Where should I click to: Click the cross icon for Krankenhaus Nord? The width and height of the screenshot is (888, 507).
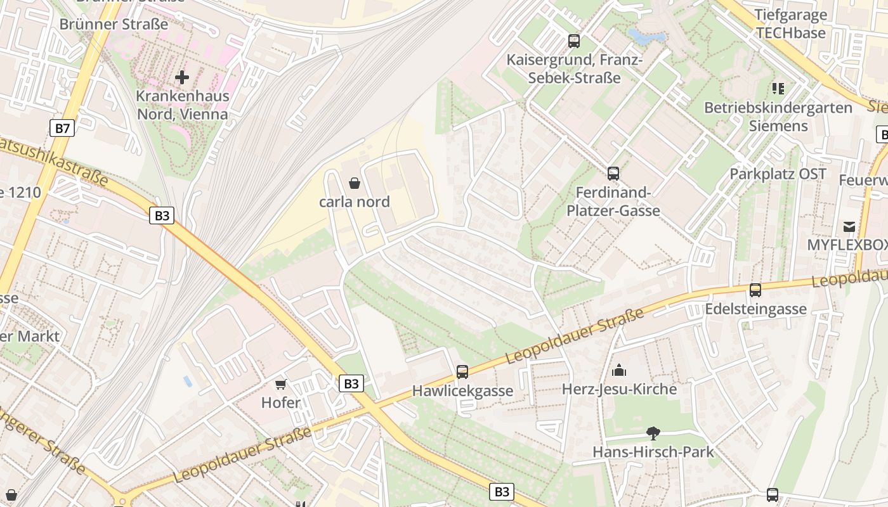182,78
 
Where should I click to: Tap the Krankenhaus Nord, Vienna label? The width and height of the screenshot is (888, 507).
183,106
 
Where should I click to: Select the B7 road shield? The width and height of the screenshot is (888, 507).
62,129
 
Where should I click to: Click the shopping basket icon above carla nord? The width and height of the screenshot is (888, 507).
355,183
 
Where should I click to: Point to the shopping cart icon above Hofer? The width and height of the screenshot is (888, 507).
281,384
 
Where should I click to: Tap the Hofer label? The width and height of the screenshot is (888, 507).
281,402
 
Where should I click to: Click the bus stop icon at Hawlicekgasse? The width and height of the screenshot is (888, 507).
462,372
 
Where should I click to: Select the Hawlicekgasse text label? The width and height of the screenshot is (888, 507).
462,391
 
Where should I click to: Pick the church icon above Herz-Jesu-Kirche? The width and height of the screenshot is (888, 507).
619,370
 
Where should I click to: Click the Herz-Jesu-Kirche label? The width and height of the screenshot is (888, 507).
619,388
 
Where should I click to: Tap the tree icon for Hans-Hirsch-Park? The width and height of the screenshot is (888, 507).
653,433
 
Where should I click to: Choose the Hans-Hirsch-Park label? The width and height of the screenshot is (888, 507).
653,452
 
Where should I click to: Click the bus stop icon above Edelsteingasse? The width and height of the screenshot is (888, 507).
755,290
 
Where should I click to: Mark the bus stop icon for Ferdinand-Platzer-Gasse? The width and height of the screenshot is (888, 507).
613,173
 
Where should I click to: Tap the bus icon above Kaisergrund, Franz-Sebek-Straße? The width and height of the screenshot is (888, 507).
574,41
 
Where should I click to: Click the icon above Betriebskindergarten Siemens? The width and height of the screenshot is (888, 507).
778,89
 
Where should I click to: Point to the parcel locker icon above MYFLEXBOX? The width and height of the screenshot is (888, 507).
849,226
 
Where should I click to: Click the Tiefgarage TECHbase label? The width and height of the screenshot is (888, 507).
790,24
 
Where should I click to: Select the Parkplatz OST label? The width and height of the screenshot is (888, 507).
778,174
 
